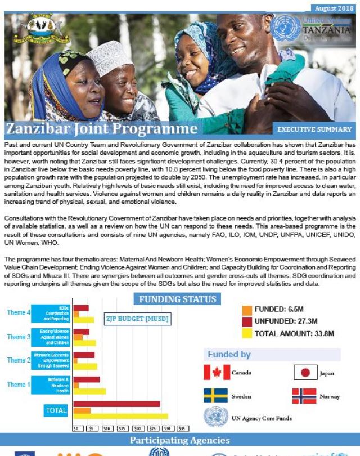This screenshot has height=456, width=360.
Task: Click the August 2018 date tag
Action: click(334, 8)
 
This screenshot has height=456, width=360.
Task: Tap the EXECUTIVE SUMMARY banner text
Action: click(314, 129)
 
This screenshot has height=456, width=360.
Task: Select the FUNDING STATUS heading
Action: click(178, 299)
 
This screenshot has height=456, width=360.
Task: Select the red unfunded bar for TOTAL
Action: click(116, 404)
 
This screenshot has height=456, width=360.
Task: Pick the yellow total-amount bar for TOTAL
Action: click(120, 417)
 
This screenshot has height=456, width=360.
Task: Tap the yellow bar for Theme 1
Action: click(89, 391)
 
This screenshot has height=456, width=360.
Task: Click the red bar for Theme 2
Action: click(84, 355)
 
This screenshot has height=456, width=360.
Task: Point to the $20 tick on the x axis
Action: click(137, 428)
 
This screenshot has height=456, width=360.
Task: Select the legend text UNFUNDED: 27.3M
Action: click(286, 321)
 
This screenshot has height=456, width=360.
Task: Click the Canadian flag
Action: click(217, 373)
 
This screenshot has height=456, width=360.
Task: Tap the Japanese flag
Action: click(305, 373)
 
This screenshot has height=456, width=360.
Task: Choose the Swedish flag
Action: click(215, 396)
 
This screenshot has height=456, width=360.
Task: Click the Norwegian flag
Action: click(304, 396)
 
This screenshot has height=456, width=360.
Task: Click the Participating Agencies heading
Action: click(180, 440)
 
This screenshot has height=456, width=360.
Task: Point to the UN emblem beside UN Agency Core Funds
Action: click(215, 418)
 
